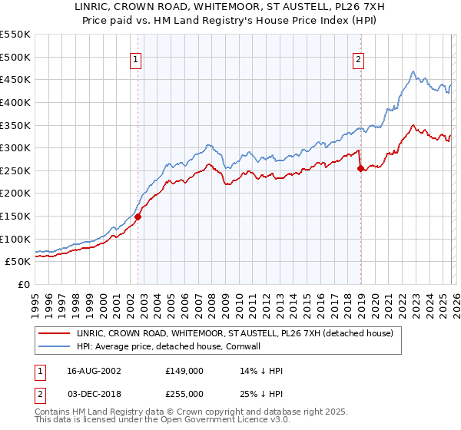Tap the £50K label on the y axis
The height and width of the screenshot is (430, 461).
click(x=18, y=261)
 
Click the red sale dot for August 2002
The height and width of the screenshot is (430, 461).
click(x=138, y=217)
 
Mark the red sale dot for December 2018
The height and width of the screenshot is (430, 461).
click(x=360, y=169)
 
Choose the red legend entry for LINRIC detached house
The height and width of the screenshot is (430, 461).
click(x=235, y=333)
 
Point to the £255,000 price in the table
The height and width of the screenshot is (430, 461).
click(x=184, y=393)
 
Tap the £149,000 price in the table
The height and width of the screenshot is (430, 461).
click(x=184, y=370)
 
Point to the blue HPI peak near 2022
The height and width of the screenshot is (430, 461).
click(x=413, y=72)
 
